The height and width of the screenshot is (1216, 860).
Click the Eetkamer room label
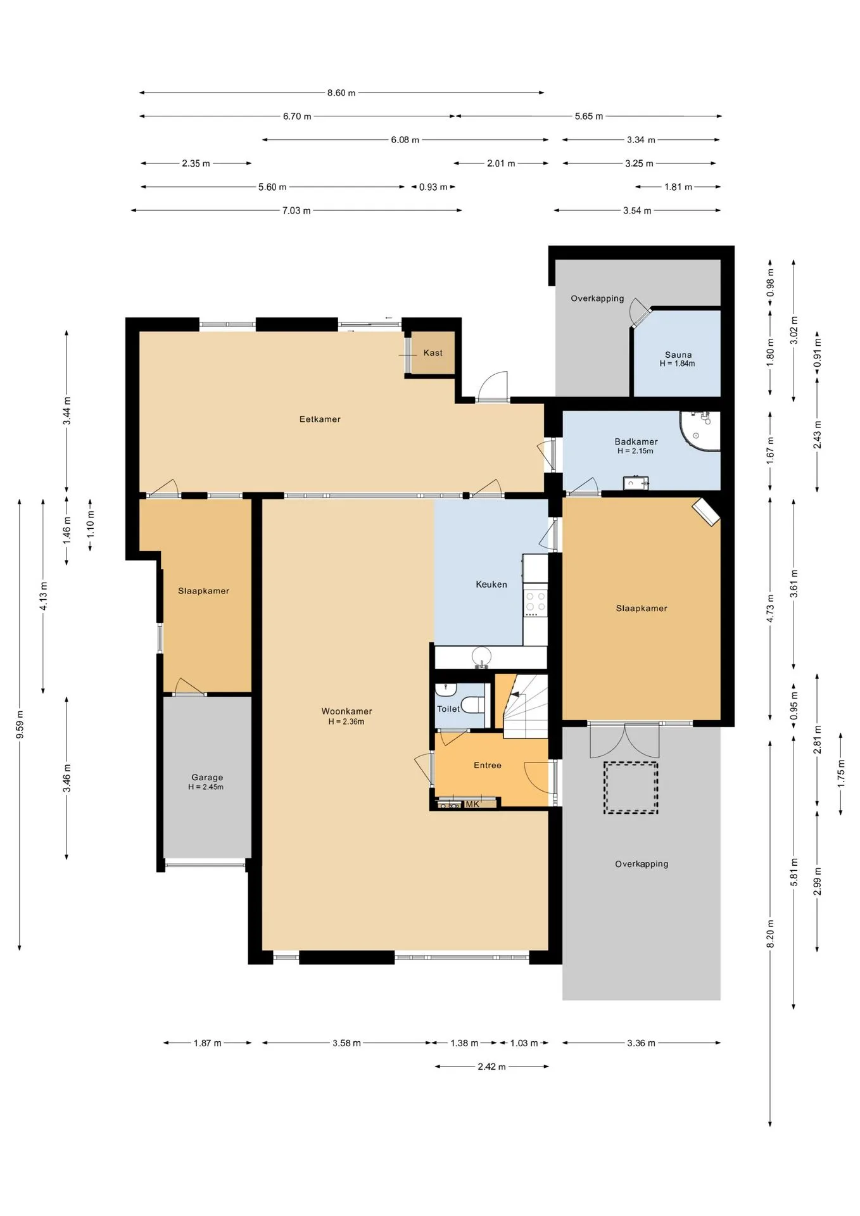pos(320,419)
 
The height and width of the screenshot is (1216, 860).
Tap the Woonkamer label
pos(346,711)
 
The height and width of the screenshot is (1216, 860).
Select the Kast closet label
pos(433,353)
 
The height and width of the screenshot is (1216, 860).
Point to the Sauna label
pos(678,355)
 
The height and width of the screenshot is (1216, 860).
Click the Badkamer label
pos(636,441)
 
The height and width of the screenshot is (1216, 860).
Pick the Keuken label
pos(491,585)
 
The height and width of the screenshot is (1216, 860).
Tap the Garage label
pos(207,777)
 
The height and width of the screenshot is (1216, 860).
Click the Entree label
pos(488,765)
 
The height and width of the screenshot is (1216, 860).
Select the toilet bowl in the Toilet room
pos(472,704)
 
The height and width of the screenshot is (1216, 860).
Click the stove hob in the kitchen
pos(535,603)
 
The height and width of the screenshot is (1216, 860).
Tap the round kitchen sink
pos(482,656)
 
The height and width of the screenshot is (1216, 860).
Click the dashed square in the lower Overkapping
pos(631,788)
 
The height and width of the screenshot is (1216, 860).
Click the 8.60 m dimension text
pos(341,93)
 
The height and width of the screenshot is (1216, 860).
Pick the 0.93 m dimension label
pos(433,187)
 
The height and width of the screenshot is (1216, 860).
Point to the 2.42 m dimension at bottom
pos(491,1067)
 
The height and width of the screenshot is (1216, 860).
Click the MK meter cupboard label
pos(472,804)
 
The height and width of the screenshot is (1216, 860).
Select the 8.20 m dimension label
pos(771,934)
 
